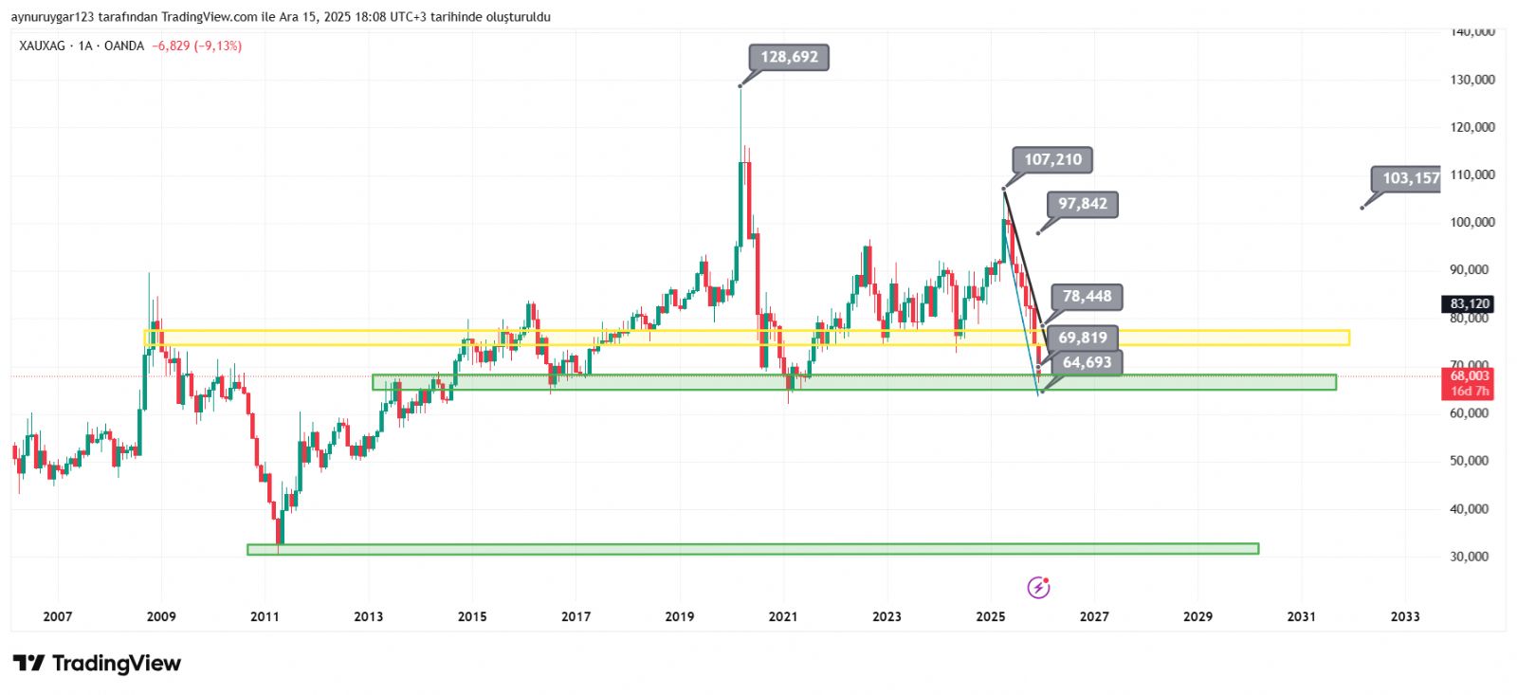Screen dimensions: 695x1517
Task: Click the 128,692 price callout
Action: coord(789,57)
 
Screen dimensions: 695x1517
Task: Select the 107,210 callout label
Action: coord(1052,159)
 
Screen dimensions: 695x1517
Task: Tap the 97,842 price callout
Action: coord(1082,204)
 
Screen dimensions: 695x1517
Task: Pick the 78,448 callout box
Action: coord(1087,297)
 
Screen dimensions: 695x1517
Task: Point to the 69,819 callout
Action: coord(1083,338)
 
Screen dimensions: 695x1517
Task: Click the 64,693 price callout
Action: coord(1087,362)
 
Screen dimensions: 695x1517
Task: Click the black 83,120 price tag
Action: coord(1469,304)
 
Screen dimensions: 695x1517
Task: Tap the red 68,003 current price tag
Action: coord(1469,376)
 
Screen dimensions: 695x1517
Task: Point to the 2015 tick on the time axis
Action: coord(472,616)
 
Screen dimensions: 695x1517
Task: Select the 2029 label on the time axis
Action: coord(1197,616)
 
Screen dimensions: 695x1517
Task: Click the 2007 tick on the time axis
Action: coord(58,616)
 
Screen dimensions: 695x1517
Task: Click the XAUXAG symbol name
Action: coord(42,46)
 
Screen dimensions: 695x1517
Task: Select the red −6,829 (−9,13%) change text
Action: coord(196,46)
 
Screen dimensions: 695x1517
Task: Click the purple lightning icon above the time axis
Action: coord(1038,588)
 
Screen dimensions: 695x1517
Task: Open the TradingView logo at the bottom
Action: coord(97,663)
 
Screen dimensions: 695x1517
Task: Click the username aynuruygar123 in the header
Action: coord(51,17)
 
